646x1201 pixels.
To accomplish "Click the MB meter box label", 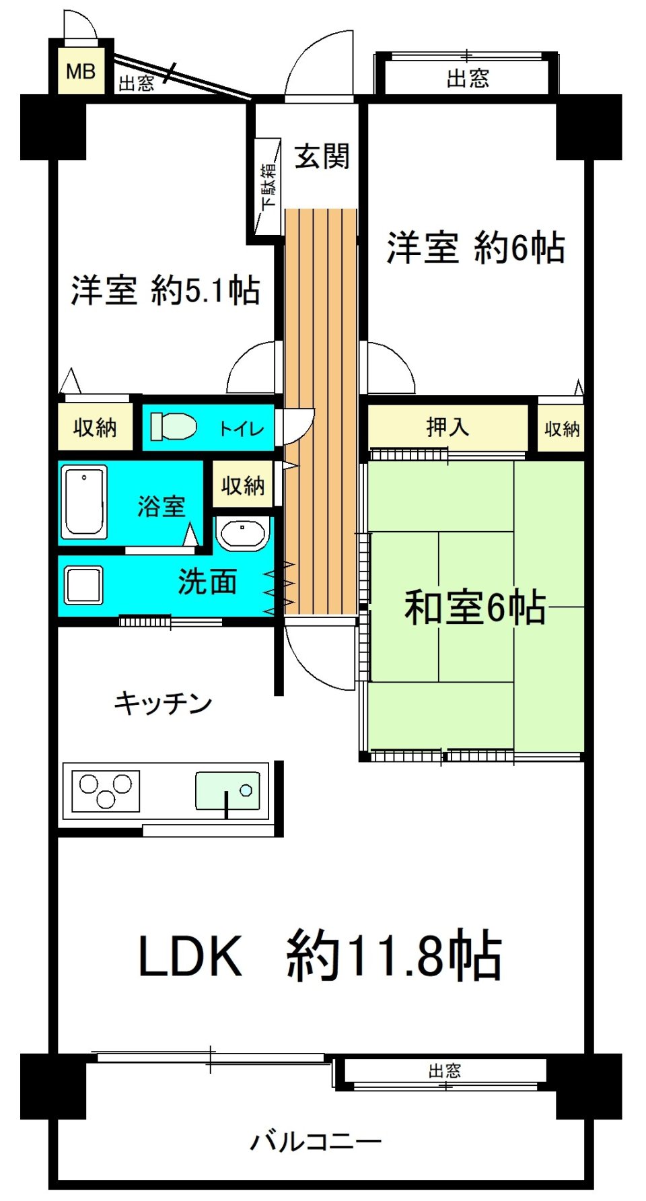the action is (81, 71).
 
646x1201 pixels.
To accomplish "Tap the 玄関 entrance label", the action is (322, 157).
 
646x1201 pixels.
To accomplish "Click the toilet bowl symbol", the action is (174, 426).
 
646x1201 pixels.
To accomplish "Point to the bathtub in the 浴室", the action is (84, 502).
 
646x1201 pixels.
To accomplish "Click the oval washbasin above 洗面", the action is (242, 535).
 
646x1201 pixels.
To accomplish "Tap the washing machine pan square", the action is (83, 584).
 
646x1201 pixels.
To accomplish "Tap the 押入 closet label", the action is (447, 426).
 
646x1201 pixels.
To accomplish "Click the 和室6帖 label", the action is (475, 607).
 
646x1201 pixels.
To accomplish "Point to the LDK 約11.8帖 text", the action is (320, 955).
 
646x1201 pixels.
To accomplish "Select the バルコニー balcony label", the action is (316, 1141).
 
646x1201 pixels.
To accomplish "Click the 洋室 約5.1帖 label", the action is (165, 290).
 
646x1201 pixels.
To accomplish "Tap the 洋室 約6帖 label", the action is (475, 247).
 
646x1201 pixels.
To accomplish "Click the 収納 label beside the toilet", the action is (95, 427).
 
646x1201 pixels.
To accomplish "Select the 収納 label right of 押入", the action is (562, 429).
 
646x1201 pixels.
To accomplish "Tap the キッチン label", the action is (163, 704).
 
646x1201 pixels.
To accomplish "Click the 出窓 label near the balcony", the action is (445, 1070).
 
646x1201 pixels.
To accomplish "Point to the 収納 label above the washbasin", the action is (243, 485).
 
